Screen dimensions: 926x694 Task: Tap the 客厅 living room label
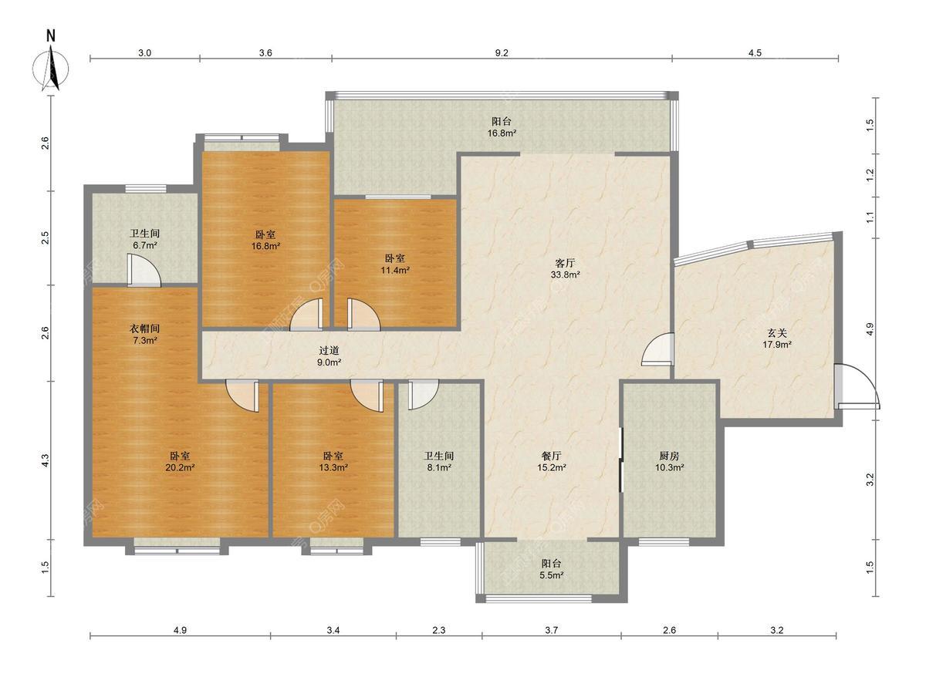[x=565, y=264]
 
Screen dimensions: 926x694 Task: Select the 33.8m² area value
[x=565, y=275]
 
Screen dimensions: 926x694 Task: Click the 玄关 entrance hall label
[x=776, y=333]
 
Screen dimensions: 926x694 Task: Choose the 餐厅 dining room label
[x=552, y=456]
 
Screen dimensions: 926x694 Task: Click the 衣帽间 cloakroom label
[x=144, y=328]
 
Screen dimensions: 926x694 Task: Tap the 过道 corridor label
[x=329, y=350]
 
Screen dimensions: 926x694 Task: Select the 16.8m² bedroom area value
[x=265, y=246]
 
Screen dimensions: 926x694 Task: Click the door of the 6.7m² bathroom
[x=144, y=271]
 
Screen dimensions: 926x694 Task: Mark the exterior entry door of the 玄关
[x=857, y=386]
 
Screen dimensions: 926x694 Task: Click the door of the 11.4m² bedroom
[x=363, y=314]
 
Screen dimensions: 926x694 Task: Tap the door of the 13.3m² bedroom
[x=367, y=396]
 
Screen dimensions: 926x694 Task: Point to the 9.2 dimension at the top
[x=502, y=52]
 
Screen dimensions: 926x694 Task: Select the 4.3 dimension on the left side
[x=45, y=460]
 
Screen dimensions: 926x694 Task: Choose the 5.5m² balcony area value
[x=552, y=575]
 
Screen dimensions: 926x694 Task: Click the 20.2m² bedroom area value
[x=180, y=467]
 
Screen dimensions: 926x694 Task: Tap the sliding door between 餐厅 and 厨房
[x=620, y=460]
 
